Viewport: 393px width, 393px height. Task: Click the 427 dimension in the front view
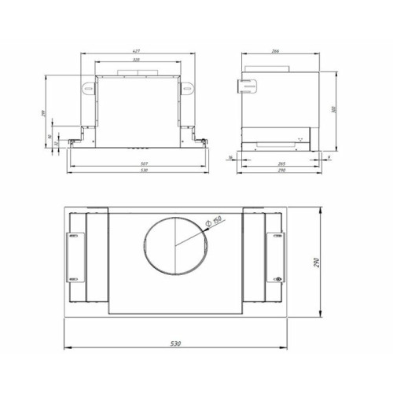pyautogui.click(x=137, y=52)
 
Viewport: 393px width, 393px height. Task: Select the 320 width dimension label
pyautogui.click(x=137, y=61)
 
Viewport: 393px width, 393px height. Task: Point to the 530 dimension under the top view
pyautogui.click(x=175, y=344)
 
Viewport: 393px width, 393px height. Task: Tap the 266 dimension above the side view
pyautogui.click(x=276, y=52)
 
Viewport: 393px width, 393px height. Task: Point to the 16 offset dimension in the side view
pyautogui.click(x=231, y=157)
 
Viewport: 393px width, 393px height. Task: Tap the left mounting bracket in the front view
pyautogui.click(x=86, y=90)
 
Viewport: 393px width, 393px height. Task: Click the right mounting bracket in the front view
pyautogui.click(x=188, y=90)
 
